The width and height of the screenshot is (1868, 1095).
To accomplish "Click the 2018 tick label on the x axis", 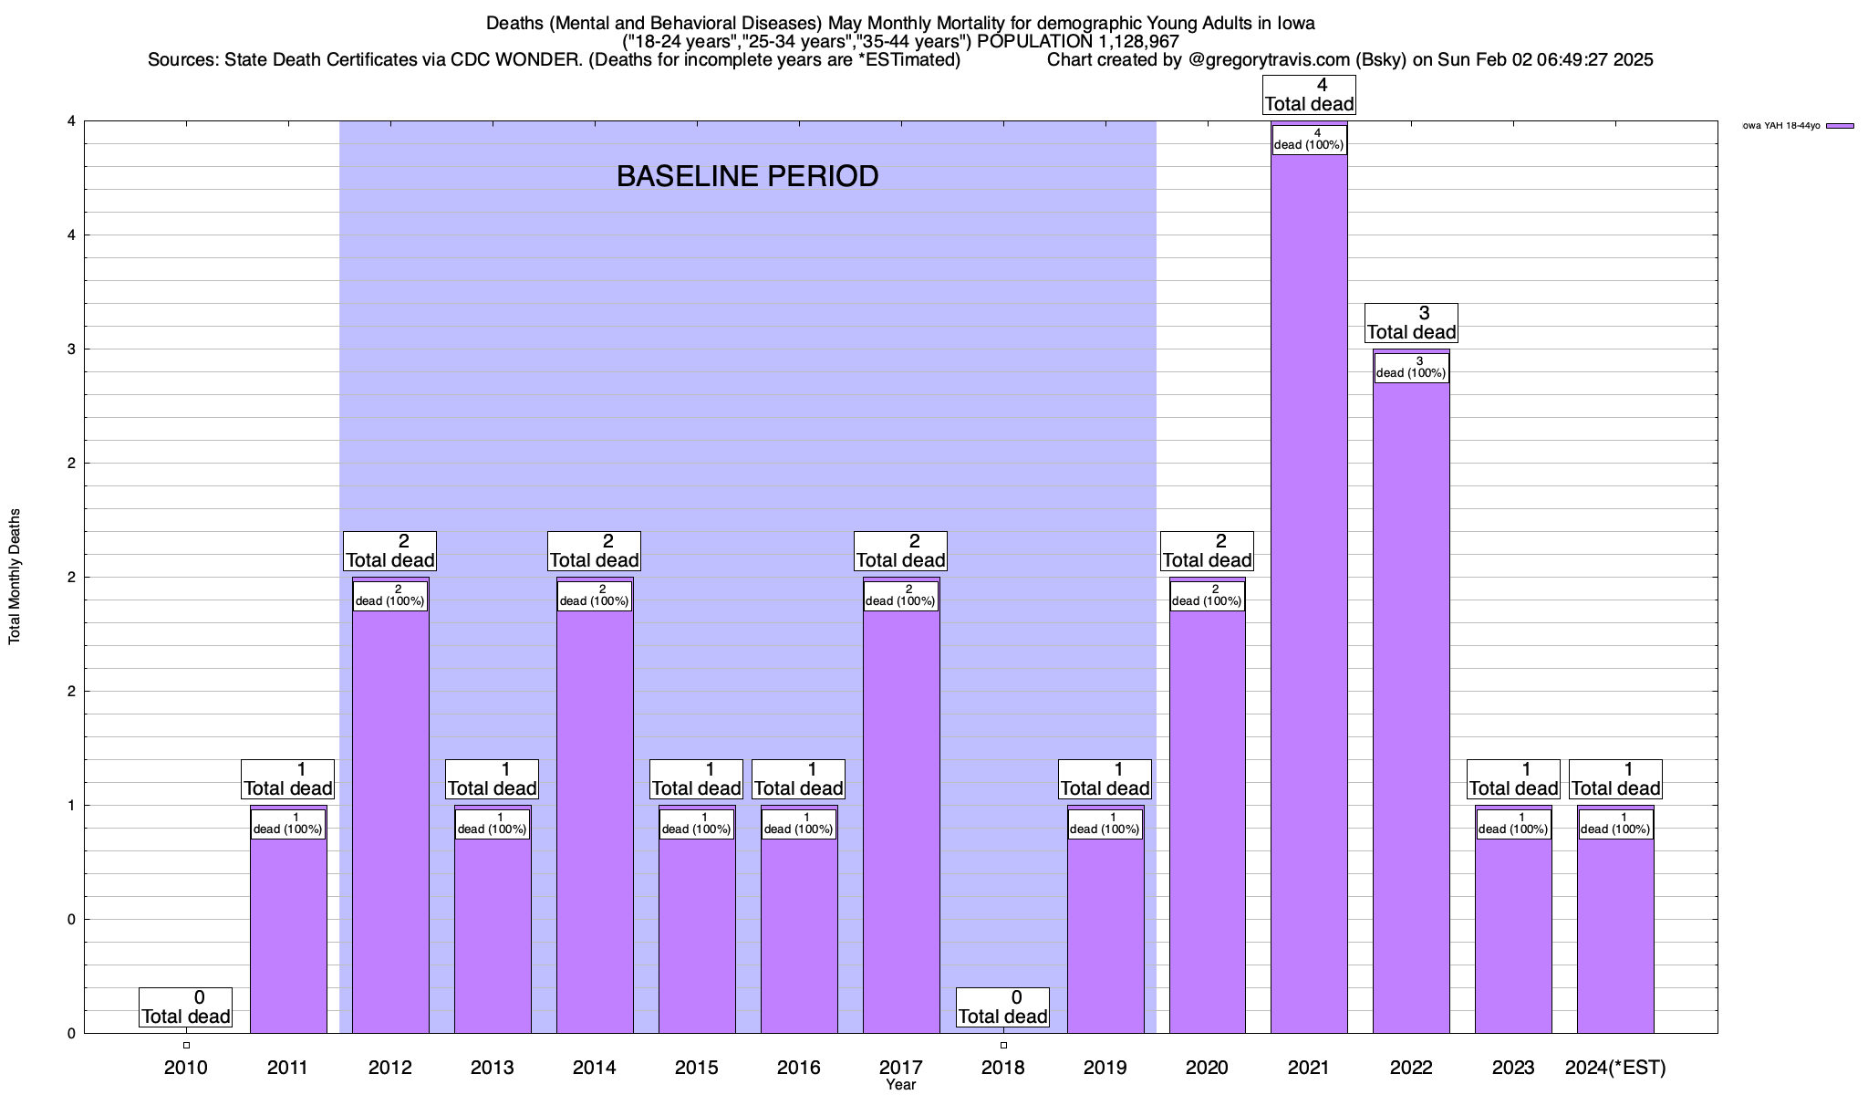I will [x=1002, y=1068].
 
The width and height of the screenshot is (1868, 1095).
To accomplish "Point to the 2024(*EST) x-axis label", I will [x=1615, y=1068].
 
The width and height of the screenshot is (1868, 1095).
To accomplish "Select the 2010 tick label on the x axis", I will [x=186, y=1068].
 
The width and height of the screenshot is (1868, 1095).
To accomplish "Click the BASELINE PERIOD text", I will [x=747, y=176].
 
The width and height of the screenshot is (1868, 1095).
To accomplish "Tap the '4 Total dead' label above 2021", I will [x=1309, y=95].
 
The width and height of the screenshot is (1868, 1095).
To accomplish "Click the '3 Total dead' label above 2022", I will [x=1411, y=323].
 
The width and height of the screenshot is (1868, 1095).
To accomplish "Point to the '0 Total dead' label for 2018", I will [x=1002, y=1007].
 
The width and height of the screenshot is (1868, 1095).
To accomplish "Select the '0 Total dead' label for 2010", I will [x=186, y=1007].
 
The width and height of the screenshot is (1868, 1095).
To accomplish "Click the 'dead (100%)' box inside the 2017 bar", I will [x=900, y=596].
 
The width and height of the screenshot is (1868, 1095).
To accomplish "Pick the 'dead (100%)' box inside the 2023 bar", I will [x=1513, y=824].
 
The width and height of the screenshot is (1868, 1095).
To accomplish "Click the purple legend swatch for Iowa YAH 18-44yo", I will [x=1840, y=126].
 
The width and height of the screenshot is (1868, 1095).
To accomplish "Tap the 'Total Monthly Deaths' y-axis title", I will [x=15, y=577].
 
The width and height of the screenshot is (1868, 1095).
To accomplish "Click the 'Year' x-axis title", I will [x=900, y=1085].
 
